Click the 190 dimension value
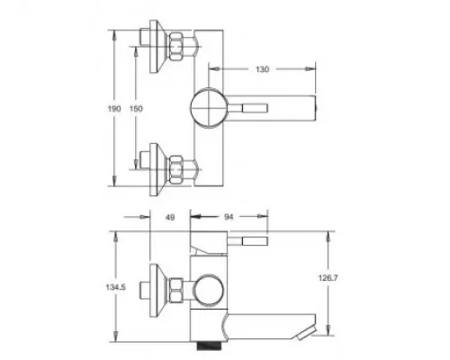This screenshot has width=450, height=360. pyautogui.click(x=114, y=109)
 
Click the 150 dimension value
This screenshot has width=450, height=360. pyautogui.click(x=136, y=109)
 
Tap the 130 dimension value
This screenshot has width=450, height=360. pyautogui.click(x=262, y=69)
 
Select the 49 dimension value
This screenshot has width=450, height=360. pyautogui.click(x=170, y=217)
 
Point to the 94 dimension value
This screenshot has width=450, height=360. pyautogui.click(x=229, y=217)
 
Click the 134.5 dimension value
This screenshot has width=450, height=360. pyautogui.click(x=115, y=287)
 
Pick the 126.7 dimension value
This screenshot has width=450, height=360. pyautogui.click(x=328, y=278)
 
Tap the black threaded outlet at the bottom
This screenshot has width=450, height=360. pyautogui.click(x=209, y=346)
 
